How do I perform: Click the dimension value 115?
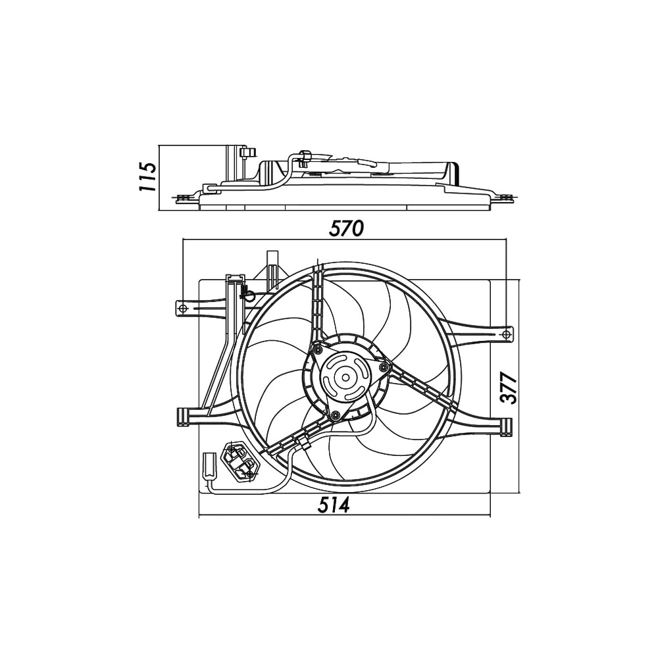point(147,176)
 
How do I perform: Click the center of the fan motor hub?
point(344,378)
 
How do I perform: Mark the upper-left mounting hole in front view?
point(184,308)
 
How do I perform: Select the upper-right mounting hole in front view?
point(505,335)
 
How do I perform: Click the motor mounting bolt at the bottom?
point(336,415)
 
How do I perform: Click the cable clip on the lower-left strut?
point(305,443)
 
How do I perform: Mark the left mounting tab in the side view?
point(184,196)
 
